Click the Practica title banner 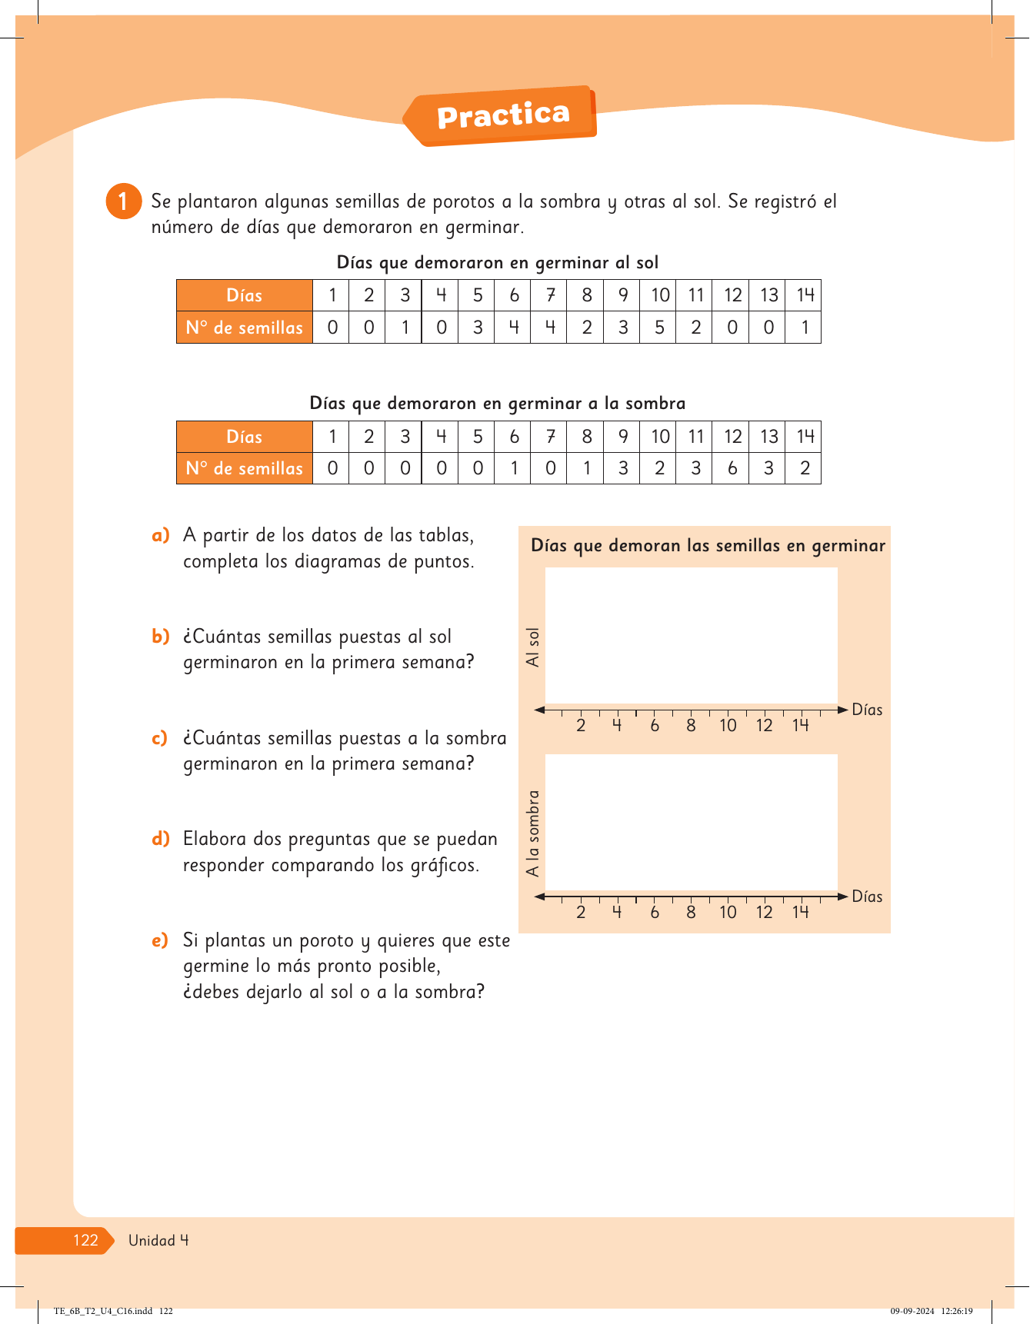pyautogui.click(x=503, y=116)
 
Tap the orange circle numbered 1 pyautogui.click(x=123, y=201)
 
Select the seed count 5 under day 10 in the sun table pyautogui.click(x=659, y=328)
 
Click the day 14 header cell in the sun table pyautogui.click(x=805, y=295)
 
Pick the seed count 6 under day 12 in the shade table pyautogui.click(x=732, y=468)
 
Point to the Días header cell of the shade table pyautogui.click(x=245, y=437)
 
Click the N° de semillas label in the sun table pyautogui.click(x=245, y=328)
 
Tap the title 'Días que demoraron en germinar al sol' pyautogui.click(x=498, y=262)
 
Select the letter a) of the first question pyautogui.click(x=160, y=535)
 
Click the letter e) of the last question pyautogui.click(x=159, y=940)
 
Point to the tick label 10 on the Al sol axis pyautogui.click(x=728, y=725)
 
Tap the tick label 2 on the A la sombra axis pyautogui.click(x=581, y=912)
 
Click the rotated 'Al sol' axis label pyautogui.click(x=532, y=647)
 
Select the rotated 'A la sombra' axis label pyautogui.click(x=532, y=833)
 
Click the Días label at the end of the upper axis pyautogui.click(x=867, y=710)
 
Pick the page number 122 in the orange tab pyautogui.click(x=85, y=1240)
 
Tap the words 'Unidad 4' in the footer pyautogui.click(x=158, y=1240)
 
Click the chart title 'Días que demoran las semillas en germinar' pyautogui.click(x=708, y=546)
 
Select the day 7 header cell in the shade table pyautogui.click(x=550, y=437)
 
